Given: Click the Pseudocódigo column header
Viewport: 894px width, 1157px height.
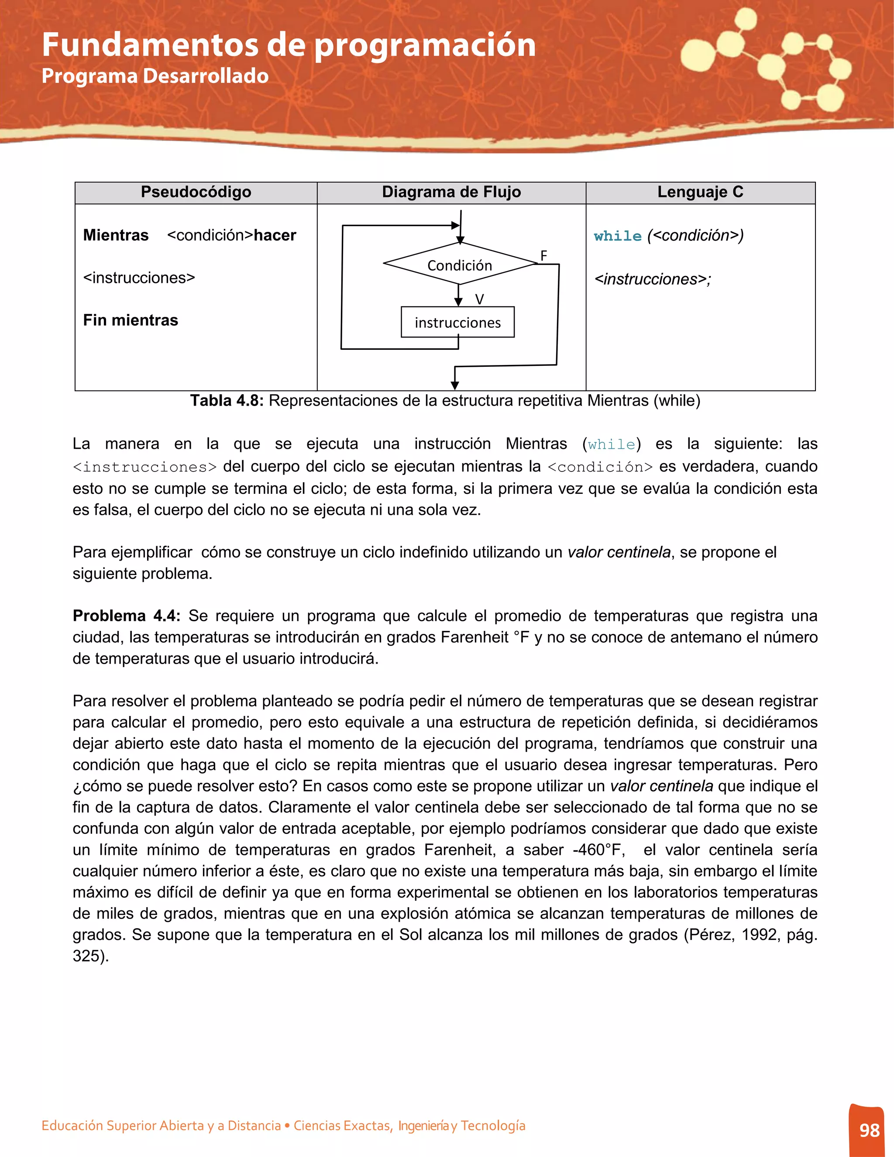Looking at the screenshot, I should [196, 192].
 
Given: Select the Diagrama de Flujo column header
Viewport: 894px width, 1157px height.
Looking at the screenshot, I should [451, 192].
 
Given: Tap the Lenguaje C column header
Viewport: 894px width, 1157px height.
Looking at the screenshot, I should [700, 192].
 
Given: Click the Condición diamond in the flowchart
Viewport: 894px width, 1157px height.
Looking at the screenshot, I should [460, 264].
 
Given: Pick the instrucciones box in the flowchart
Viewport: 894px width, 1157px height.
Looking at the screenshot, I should [457, 322].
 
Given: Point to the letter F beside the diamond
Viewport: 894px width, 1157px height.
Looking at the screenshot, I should [543, 256].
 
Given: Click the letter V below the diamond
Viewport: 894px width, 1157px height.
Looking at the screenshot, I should [479, 300].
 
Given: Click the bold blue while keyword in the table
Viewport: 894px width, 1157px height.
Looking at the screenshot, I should [618, 236].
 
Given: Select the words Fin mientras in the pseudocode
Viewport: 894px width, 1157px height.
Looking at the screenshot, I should [130, 320].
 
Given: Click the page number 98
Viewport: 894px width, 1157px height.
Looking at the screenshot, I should [869, 1130].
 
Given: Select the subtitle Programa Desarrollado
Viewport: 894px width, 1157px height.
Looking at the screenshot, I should [155, 76].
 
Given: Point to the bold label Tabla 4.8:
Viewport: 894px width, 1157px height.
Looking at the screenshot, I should [227, 400].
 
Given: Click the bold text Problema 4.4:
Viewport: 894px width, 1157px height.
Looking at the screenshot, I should [127, 616].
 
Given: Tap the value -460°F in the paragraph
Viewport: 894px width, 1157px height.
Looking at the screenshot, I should [598, 850].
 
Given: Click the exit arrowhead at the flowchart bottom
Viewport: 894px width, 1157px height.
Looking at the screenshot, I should [454, 385].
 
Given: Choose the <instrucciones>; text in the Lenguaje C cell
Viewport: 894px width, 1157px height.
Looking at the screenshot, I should [653, 279].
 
